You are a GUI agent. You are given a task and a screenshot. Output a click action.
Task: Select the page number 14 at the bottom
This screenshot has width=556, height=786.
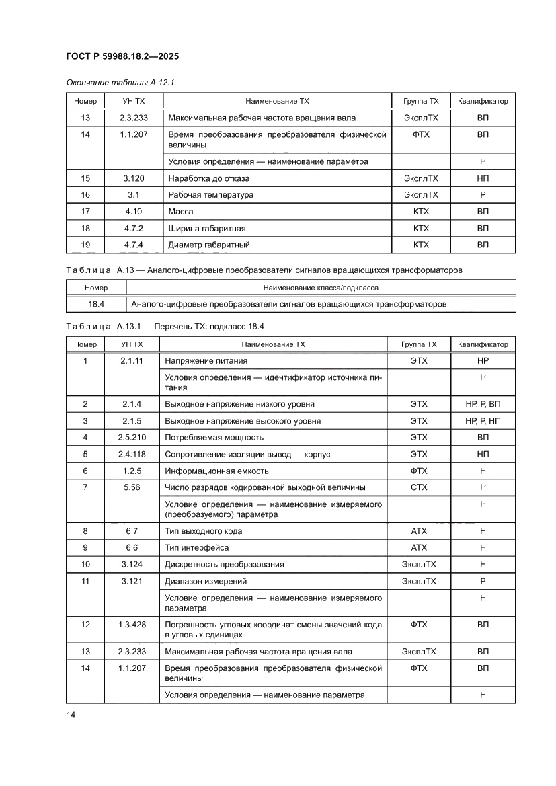(x=71, y=715)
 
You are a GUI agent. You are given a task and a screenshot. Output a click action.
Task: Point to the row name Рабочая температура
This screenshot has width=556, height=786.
(x=211, y=195)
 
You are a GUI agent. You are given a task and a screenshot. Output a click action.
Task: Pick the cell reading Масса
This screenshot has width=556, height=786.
(x=181, y=212)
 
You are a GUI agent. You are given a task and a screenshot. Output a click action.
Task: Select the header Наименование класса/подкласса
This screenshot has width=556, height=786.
(x=320, y=288)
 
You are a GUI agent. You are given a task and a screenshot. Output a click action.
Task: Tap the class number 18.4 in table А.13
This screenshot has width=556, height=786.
(x=96, y=305)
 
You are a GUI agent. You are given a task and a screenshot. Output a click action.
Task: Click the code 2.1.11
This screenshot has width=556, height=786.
(x=132, y=361)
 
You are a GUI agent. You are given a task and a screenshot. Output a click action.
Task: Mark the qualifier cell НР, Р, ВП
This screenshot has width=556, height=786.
(x=482, y=404)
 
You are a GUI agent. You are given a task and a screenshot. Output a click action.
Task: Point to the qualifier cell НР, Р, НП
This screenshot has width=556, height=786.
(x=482, y=421)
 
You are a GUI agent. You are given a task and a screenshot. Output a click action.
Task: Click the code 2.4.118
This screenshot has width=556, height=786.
(x=132, y=455)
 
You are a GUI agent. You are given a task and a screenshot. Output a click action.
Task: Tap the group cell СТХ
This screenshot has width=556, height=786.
(x=418, y=487)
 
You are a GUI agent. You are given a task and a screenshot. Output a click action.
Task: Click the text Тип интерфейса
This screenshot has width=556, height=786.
(x=197, y=548)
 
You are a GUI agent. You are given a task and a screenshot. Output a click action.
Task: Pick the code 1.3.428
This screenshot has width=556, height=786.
(x=132, y=625)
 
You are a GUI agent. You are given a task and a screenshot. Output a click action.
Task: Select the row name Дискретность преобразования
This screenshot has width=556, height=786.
(x=225, y=565)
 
